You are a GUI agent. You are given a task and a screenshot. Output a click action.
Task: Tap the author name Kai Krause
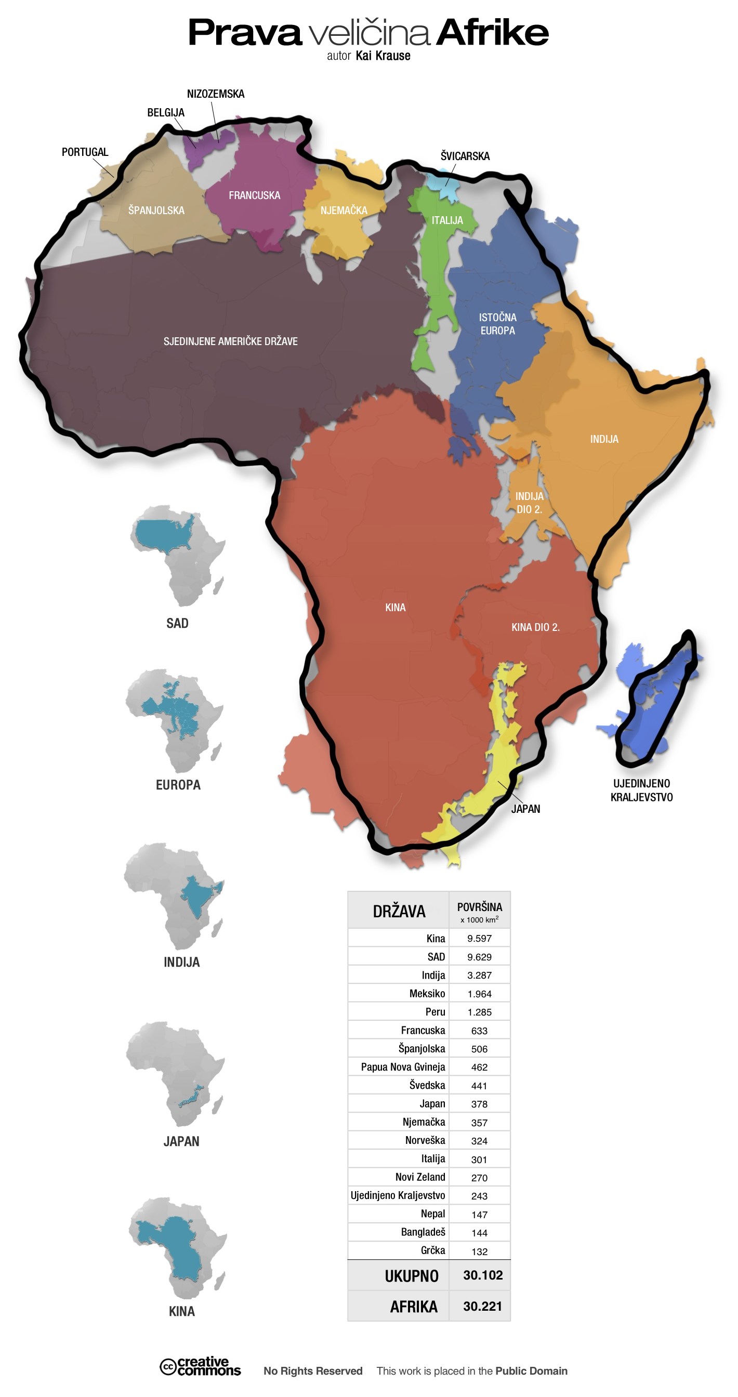click(x=383, y=56)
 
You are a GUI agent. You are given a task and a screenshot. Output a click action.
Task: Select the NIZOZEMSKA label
click(x=215, y=94)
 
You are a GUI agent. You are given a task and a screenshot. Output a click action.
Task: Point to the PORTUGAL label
click(x=85, y=152)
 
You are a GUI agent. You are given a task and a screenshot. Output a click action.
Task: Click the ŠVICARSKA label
click(x=465, y=156)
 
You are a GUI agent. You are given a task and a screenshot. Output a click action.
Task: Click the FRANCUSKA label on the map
click(x=254, y=195)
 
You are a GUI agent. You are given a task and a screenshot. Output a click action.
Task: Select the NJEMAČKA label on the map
click(x=343, y=210)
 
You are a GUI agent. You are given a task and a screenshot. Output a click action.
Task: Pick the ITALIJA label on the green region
click(x=447, y=220)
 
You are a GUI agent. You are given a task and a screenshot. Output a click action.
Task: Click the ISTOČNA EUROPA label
click(x=497, y=324)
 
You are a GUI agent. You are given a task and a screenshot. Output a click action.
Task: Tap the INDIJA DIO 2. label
click(x=529, y=502)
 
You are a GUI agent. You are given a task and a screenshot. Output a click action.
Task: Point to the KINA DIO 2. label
click(x=535, y=627)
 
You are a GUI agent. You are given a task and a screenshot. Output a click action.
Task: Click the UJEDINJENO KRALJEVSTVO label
click(x=641, y=790)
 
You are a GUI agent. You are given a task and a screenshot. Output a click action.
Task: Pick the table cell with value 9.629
click(x=479, y=957)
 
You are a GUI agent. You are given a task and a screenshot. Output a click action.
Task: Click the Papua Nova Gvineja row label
click(x=403, y=1067)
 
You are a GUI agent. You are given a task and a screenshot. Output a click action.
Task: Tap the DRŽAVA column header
click(x=399, y=911)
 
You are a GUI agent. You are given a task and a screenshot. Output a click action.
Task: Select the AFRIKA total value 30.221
click(x=482, y=1306)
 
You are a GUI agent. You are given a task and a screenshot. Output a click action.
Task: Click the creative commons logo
click(x=200, y=1366)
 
